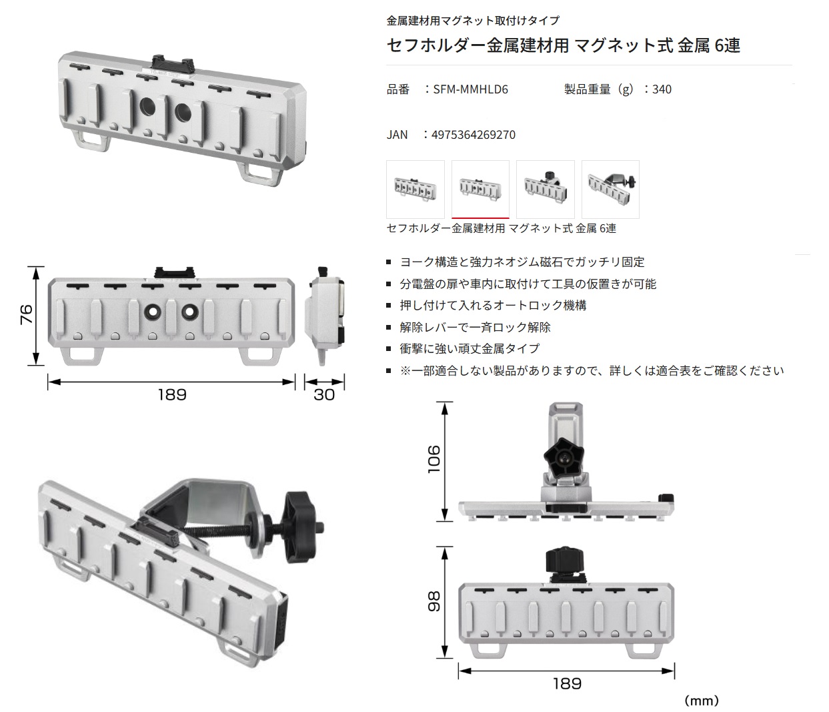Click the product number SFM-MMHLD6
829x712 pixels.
(x=470, y=89)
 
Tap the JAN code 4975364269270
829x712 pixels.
(x=474, y=134)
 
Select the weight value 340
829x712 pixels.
(x=662, y=89)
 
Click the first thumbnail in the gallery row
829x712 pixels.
(x=415, y=190)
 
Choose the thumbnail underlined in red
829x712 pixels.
(x=480, y=190)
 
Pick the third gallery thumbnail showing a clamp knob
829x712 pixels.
(x=546, y=190)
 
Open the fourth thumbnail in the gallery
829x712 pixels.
(x=610, y=190)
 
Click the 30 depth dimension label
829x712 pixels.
(x=324, y=395)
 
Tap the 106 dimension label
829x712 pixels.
(x=434, y=459)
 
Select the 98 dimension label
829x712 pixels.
(x=434, y=601)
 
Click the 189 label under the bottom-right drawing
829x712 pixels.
(x=567, y=683)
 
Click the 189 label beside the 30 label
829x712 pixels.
(x=172, y=395)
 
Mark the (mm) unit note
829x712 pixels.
(x=702, y=701)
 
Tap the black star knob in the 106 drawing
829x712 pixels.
(x=564, y=457)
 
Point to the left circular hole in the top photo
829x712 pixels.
(x=147, y=107)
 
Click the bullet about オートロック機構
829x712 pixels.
(x=493, y=306)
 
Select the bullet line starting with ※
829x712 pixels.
(x=592, y=370)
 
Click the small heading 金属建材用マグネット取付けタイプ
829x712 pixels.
(x=473, y=21)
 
